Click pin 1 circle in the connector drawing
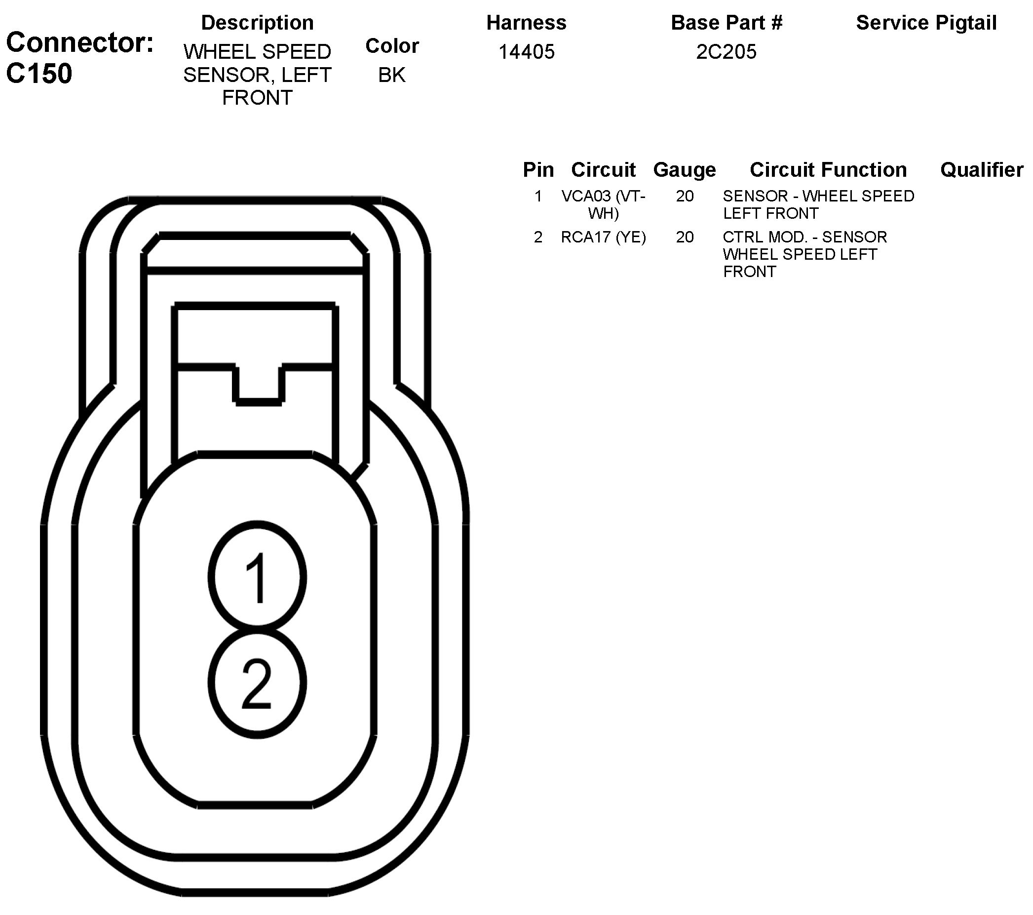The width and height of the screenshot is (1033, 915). [x=257, y=577]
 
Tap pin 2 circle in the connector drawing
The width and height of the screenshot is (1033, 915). [x=257, y=682]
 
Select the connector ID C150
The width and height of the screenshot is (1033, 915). [x=39, y=74]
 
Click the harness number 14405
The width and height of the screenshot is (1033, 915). [x=526, y=51]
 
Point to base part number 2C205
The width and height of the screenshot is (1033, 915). [x=726, y=51]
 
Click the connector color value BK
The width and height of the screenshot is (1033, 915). [x=392, y=75]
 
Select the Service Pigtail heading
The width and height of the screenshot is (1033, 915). [x=926, y=23]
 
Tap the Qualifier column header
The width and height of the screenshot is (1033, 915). [x=982, y=170]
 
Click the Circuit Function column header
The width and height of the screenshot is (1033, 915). [x=828, y=170]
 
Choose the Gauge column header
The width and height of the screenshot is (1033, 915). [x=684, y=170]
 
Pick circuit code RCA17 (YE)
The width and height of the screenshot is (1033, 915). [x=604, y=237]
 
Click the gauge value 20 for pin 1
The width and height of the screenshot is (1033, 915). [x=685, y=196]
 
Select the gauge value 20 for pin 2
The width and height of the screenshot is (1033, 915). [x=685, y=237]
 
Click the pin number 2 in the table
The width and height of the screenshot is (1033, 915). [x=538, y=237]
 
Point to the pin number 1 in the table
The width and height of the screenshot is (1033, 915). [x=538, y=196]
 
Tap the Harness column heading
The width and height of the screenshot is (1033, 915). [x=526, y=23]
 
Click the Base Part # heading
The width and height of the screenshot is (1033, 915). [x=726, y=23]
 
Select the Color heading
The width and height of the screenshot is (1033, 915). [x=392, y=46]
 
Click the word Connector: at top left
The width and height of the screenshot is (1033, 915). [x=80, y=42]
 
